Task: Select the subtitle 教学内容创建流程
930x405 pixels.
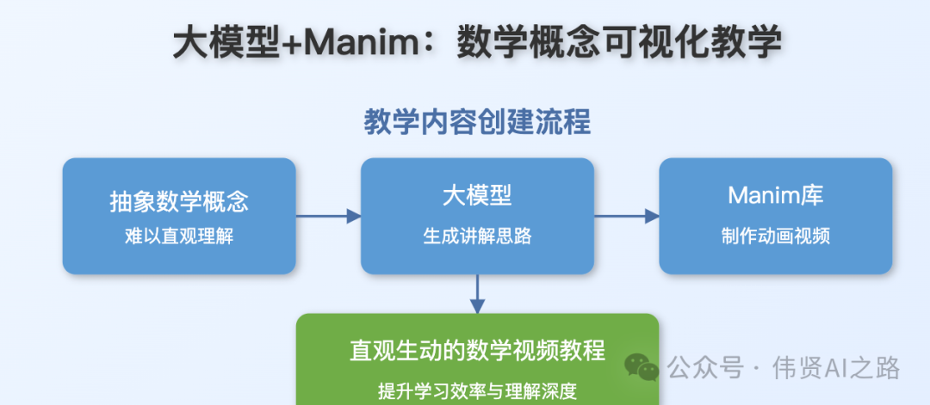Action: (x=477, y=122)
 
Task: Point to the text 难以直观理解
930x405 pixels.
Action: (x=179, y=236)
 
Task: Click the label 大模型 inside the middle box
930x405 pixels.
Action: (x=477, y=195)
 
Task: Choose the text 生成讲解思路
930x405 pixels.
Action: (x=477, y=236)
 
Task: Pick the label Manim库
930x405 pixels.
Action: (x=776, y=195)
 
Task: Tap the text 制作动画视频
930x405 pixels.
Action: (x=776, y=236)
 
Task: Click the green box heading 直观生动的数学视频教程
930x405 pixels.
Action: (x=477, y=351)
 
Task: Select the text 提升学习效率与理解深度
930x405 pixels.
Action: (x=477, y=390)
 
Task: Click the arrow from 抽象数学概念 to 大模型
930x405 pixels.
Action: (x=328, y=216)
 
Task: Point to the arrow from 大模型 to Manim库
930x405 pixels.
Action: (x=626, y=216)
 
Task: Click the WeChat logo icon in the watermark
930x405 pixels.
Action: (x=642, y=368)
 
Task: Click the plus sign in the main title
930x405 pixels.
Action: (x=293, y=43)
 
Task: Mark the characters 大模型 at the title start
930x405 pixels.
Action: (x=226, y=43)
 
